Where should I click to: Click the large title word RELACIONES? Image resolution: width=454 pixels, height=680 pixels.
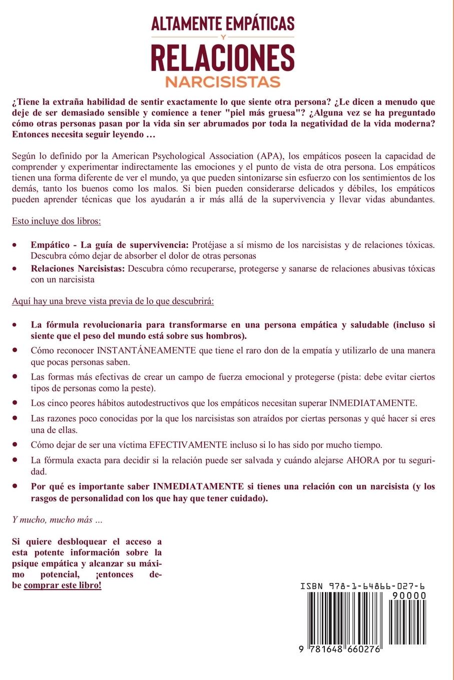tap(223, 58)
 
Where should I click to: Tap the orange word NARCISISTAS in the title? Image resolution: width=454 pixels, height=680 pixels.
tap(223, 81)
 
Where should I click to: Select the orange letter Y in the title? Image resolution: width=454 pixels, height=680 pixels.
tap(223, 36)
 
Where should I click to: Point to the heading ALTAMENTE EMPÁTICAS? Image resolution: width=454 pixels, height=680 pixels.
tap(223, 24)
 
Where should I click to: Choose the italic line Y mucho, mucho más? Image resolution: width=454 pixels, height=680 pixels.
tap(58, 519)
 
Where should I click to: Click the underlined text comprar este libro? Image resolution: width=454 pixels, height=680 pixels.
tap(63, 585)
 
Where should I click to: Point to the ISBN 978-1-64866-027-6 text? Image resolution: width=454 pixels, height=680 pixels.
tap(363, 586)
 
